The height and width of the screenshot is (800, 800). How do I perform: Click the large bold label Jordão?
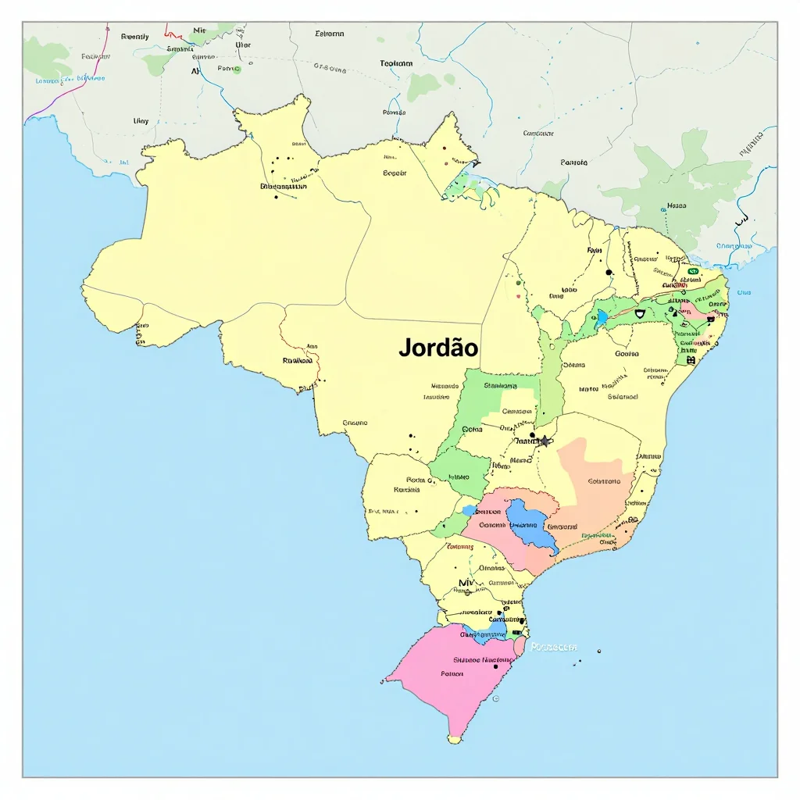pyautogui.click(x=438, y=348)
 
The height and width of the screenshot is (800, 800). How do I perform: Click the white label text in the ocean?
pyautogui.click(x=553, y=647)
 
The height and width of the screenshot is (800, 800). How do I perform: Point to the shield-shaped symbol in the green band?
pyautogui.click(x=640, y=313)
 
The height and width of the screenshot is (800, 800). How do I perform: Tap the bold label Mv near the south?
pyautogui.click(x=466, y=583)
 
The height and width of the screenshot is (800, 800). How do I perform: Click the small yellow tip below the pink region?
pyautogui.click(x=455, y=736)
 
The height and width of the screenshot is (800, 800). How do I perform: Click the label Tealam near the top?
pyautogui.click(x=396, y=63)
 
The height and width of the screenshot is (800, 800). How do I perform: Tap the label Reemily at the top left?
pyautogui.click(x=134, y=36)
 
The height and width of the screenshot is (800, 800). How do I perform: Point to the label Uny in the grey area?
pyautogui.click(x=141, y=121)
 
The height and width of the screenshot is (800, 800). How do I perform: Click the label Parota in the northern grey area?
pyautogui.click(x=573, y=162)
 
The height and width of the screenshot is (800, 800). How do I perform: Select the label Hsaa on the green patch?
pyautogui.click(x=677, y=206)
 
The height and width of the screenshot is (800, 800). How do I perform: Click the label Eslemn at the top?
pyautogui.click(x=329, y=34)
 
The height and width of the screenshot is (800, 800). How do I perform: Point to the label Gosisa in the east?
pyautogui.click(x=627, y=353)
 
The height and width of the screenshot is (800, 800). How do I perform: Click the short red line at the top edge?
pyautogui.click(x=173, y=34)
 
